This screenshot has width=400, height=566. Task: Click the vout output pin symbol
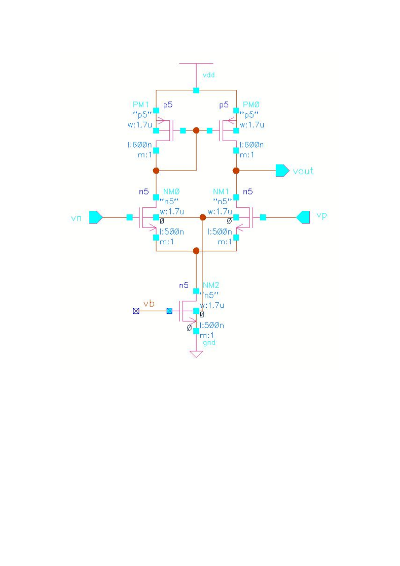coord(282,171)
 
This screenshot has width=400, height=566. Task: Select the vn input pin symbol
coord(96,217)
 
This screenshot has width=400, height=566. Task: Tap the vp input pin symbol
coord(303,217)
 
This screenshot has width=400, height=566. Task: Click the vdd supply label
coord(209,75)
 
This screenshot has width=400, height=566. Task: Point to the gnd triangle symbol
coord(196,354)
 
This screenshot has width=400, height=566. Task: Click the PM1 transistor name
coord(141,104)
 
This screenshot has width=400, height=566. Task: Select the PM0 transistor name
coord(251,104)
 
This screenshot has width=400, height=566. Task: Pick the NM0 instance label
coord(171,191)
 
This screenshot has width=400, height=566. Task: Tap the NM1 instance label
coord(221,191)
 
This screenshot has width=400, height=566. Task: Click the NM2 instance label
coord(211,285)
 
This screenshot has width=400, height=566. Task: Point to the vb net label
coord(149,303)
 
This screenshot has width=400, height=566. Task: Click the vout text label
coord(303,171)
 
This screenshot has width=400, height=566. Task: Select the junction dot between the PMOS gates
coord(196,130)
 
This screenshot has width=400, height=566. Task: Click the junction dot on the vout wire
coord(236,171)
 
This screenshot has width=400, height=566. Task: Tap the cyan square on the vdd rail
coord(196,90)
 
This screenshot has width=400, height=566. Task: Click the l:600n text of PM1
coord(139,145)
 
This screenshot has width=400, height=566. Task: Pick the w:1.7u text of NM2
coord(212,305)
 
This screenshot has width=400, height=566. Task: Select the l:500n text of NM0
coord(172,231)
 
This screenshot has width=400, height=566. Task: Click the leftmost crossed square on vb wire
coord(136,311)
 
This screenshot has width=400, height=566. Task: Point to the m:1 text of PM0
coord(247,155)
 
